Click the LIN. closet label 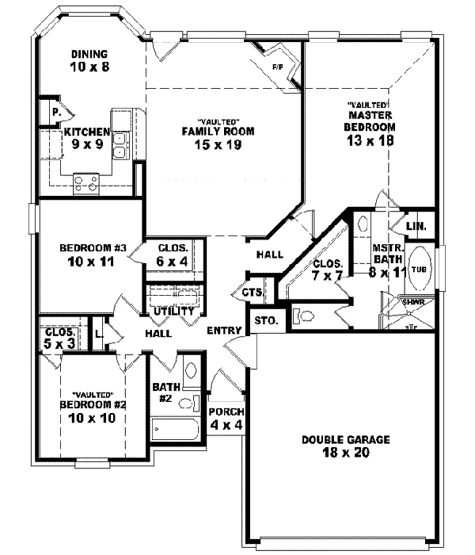pyautogui.click(x=416, y=227)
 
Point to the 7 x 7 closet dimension pyautogui.click(x=327, y=275)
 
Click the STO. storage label pyautogui.click(x=264, y=321)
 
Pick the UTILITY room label pyautogui.click(x=173, y=312)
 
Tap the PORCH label pyautogui.click(x=226, y=412)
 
